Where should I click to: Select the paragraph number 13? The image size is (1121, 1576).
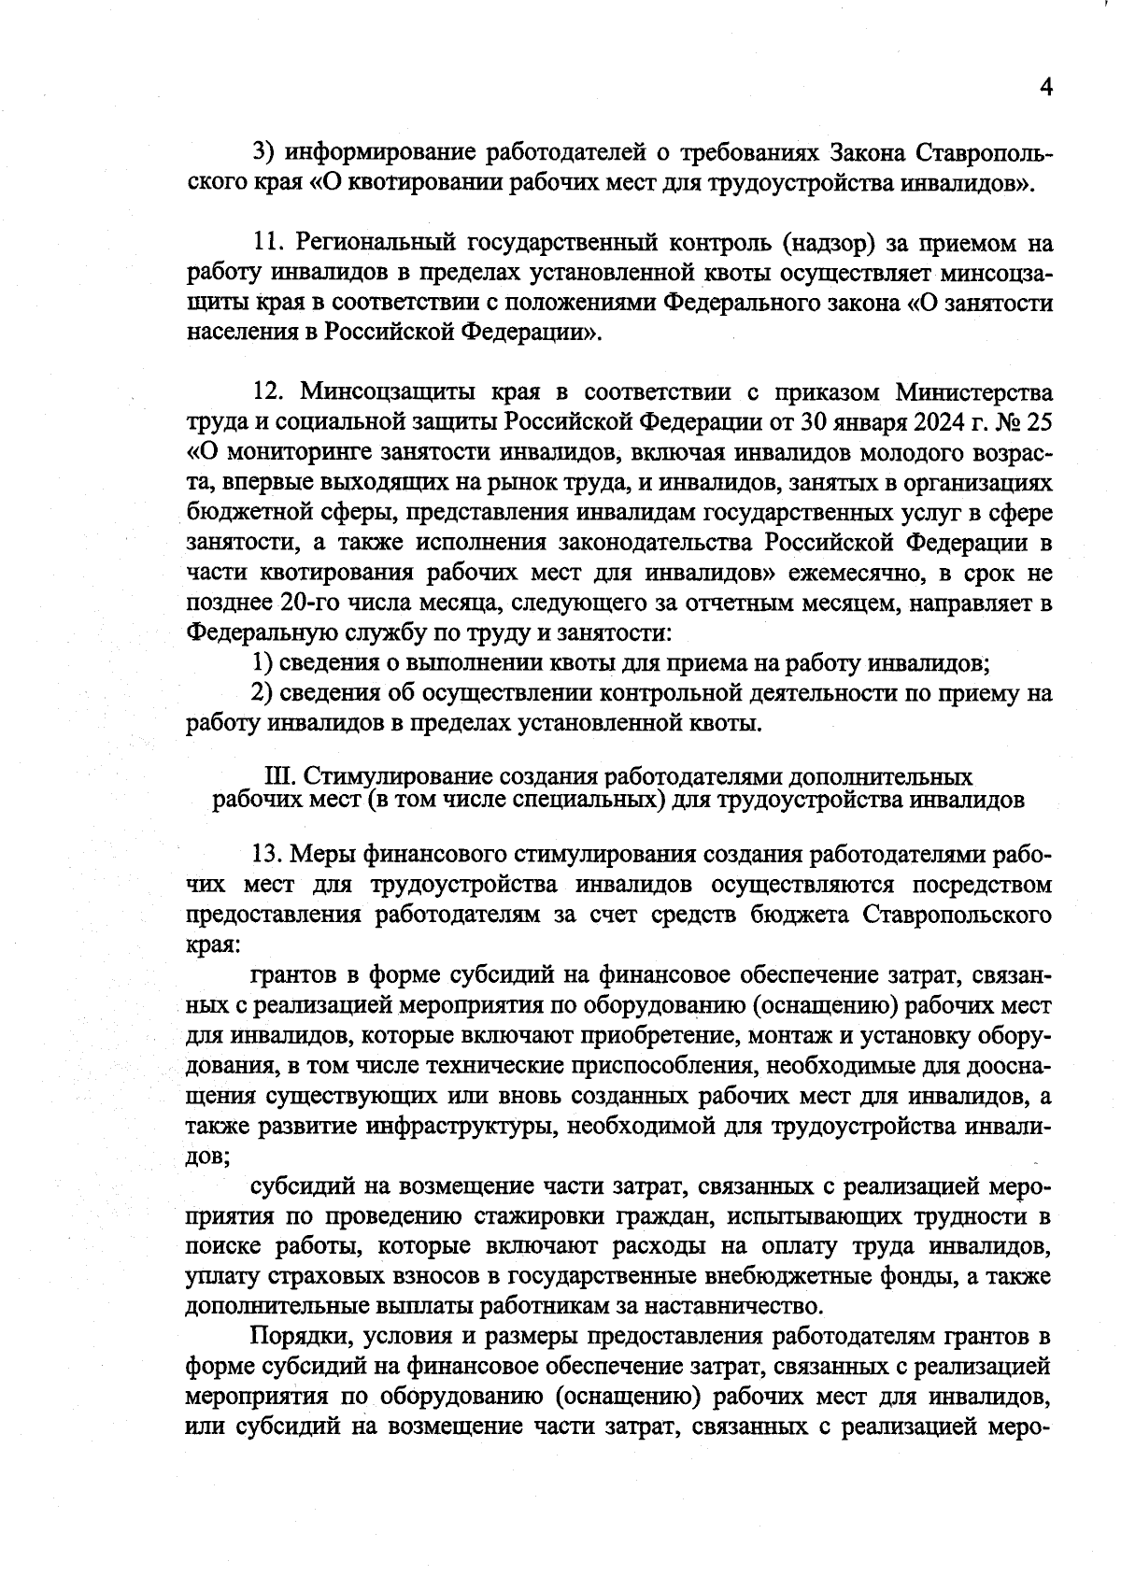[268, 854]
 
